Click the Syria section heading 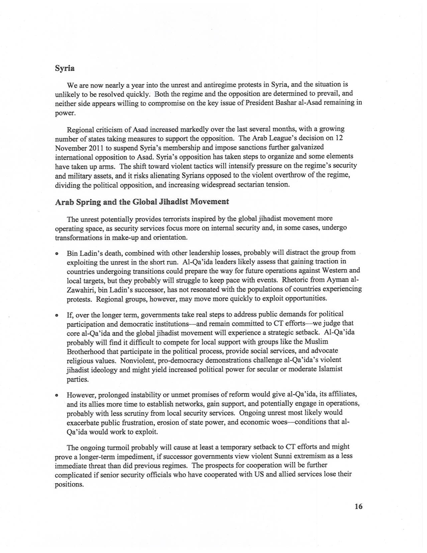point(65,68)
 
